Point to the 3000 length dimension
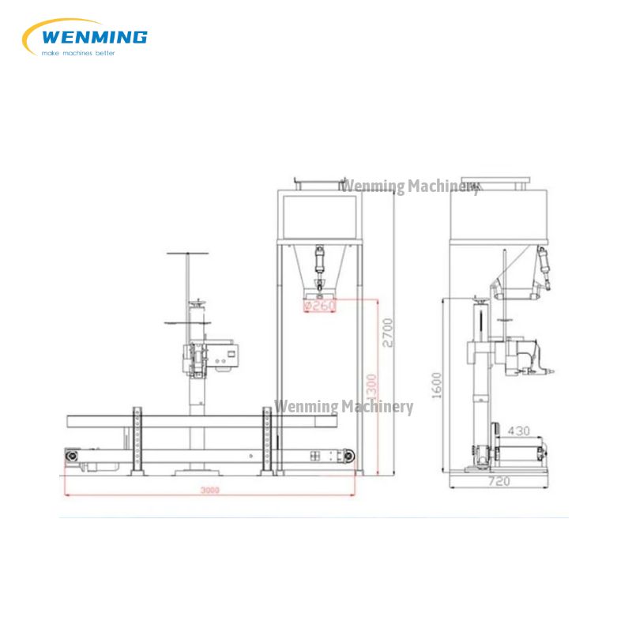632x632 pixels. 209,491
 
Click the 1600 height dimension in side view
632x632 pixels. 437,386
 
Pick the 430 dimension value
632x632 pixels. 518,431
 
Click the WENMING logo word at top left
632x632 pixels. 92,36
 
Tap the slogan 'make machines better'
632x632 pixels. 77,52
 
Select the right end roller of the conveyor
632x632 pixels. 346,456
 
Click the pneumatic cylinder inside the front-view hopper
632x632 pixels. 319,261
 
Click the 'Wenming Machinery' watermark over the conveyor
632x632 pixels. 343,407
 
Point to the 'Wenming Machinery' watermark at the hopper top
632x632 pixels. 409,186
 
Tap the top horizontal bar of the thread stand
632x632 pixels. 188,254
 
